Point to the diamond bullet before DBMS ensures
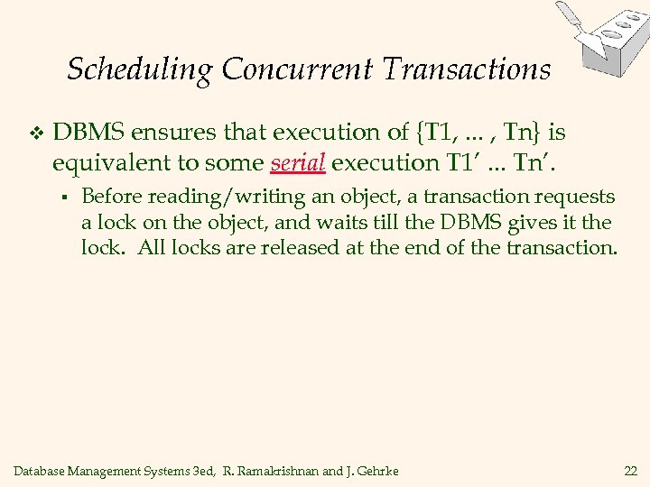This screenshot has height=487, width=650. click(34, 135)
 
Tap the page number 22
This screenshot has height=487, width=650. click(629, 471)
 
